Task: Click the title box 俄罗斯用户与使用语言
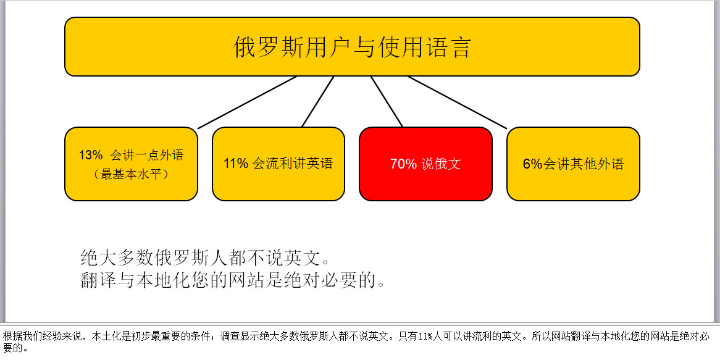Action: tap(352, 46)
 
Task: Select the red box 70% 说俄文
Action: tap(425, 164)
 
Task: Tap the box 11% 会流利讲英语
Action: tap(278, 164)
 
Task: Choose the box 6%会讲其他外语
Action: tap(573, 164)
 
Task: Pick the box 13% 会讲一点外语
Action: tap(131, 164)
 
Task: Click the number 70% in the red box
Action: tap(403, 164)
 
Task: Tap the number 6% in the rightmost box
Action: tap(533, 164)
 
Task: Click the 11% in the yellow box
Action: tap(236, 164)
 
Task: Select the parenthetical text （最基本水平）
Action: tap(131, 175)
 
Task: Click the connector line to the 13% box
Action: tap(247, 103)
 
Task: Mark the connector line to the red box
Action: tap(387, 101)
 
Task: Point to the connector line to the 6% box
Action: tap(458, 103)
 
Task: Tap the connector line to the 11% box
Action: tap(318, 101)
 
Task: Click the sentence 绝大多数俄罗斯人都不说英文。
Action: tap(205, 257)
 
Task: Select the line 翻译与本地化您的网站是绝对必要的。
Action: tap(232, 280)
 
